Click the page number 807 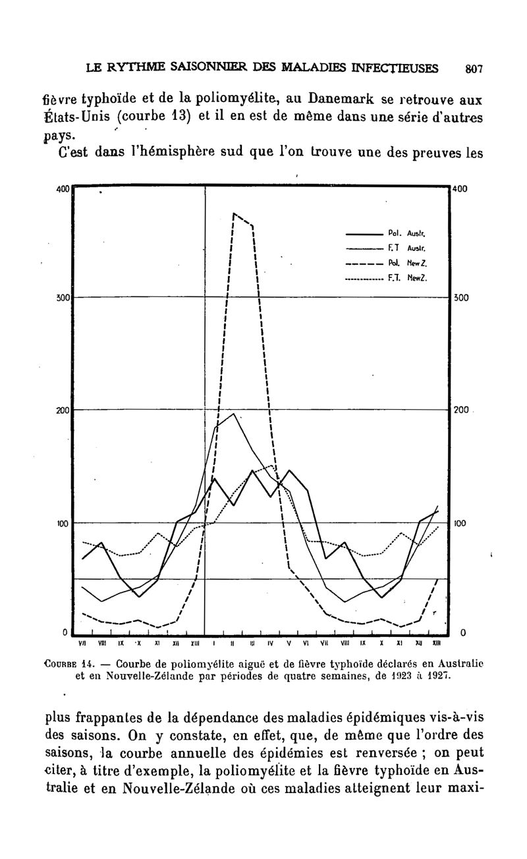coord(474,68)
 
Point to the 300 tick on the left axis coord(63,297)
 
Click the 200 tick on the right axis coord(460,410)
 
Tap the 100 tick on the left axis coord(63,523)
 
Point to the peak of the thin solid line coord(234,414)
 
